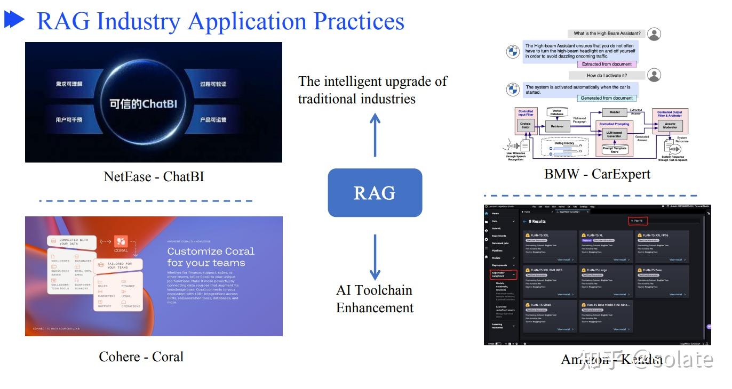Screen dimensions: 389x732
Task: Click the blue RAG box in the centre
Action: point(375,193)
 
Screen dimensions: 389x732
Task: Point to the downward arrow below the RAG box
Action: point(375,257)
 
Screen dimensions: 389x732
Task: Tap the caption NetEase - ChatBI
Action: point(154,176)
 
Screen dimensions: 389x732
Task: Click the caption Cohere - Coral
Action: point(141,356)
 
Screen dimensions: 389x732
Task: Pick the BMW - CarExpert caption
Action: point(597,174)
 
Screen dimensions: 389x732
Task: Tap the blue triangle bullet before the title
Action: point(14,20)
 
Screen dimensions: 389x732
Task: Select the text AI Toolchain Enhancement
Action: point(375,299)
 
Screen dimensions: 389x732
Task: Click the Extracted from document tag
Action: point(607,64)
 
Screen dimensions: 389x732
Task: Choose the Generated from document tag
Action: point(607,98)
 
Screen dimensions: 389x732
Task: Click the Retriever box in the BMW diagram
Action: point(558,126)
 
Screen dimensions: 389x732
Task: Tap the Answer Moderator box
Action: point(670,126)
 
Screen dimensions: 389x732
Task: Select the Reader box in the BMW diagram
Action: point(615,112)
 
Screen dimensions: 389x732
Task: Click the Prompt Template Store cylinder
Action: point(615,150)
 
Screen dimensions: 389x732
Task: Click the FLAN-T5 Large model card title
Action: point(596,270)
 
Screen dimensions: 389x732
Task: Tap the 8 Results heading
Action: point(537,221)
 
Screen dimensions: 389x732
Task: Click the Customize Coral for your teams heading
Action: point(211,256)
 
